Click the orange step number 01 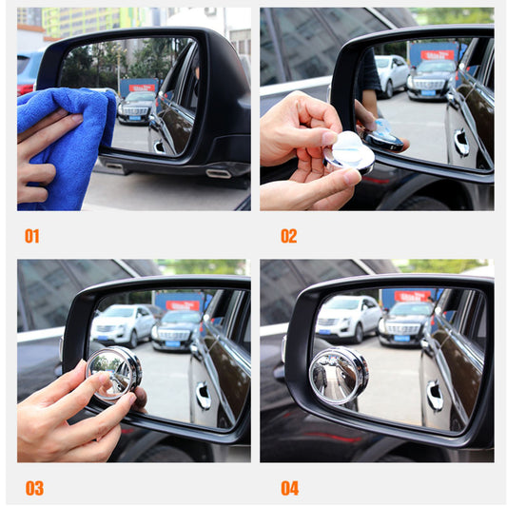31,236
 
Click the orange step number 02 288,236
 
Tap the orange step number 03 33,488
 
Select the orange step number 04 289,488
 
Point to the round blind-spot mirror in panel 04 339,375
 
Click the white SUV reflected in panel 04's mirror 348,317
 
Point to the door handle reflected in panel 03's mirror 203,396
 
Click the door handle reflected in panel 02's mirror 461,143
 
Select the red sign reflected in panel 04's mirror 413,296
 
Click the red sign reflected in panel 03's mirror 184,305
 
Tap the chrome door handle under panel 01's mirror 218,173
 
